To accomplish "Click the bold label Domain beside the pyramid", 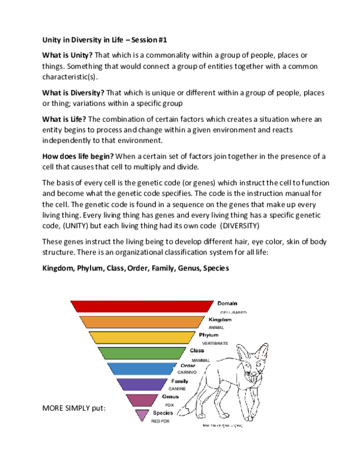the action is (227, 304).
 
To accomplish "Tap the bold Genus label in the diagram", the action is (170, 397).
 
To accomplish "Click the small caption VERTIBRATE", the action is (215, 342).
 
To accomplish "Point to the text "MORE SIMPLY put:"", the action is (74, 408).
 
